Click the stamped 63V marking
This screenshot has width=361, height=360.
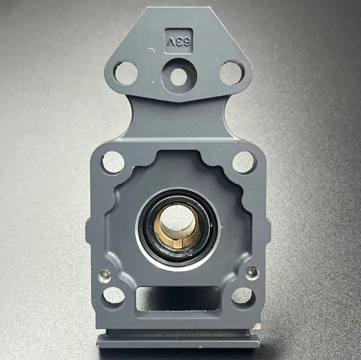[x=179, y=41]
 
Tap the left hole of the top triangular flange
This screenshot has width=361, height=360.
[x=126, y=73]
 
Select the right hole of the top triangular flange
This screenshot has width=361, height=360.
[x=231, y=73]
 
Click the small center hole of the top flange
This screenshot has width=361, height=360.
[x=178, y=77]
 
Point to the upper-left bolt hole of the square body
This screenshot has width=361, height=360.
[x=113, y=162]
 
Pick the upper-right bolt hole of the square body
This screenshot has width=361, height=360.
[x=244, y=162]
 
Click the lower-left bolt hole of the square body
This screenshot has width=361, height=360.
[x=113, y=296]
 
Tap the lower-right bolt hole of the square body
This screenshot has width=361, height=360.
[x=243, y=296]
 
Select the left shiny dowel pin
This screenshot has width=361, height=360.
[x=105, y=276]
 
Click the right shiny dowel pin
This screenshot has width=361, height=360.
[x=252, y=273]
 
